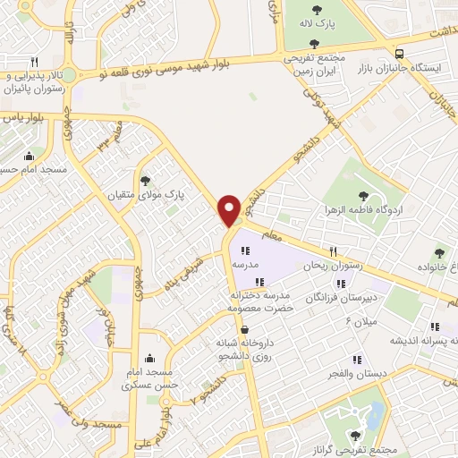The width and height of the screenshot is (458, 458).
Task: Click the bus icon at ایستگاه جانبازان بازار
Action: coord(400,53)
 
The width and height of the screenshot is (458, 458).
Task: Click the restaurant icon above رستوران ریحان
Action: coord(333,251)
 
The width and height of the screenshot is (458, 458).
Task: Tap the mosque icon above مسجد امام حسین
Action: coord(29,154)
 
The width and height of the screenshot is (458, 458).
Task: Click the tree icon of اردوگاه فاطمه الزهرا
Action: coord(364,196)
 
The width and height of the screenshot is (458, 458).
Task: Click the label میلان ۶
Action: coord(361,319)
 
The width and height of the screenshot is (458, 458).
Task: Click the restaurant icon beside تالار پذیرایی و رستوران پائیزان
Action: coord(34,63)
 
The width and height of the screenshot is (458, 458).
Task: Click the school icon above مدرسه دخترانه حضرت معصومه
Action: coord(259,283)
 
